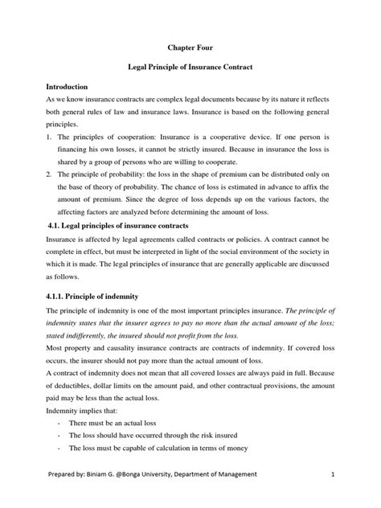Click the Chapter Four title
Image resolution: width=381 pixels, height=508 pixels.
click(x=189, y=47)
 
